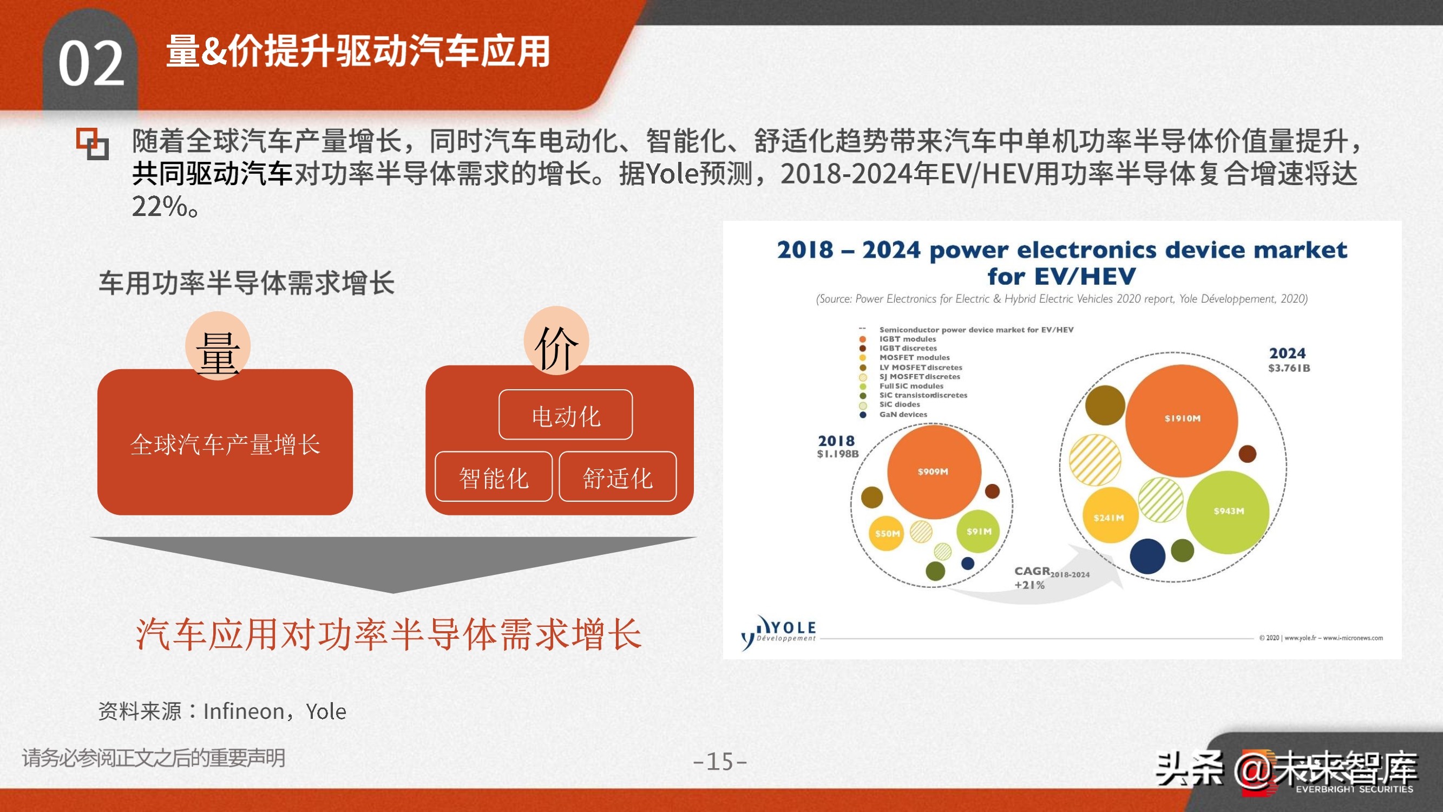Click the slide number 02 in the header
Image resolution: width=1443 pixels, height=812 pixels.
coord(91,63)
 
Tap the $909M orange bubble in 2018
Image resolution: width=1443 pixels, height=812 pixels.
coord(933,472)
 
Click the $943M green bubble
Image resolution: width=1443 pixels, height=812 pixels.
coord(1228,511)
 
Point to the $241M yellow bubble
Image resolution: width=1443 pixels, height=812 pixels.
coord(1109,516)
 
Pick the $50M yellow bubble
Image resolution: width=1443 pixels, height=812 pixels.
coord(887,533)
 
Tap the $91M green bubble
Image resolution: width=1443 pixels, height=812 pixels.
coord(978,531)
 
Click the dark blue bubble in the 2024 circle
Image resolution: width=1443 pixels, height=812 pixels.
coord(1147,556)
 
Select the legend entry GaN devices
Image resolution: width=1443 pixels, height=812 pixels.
coord(902,414)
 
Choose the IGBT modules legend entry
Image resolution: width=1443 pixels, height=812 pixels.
coord(907,338)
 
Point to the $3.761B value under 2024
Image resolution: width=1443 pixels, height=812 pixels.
coord(1289,368)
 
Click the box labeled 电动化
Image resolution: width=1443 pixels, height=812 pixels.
coord(566,416)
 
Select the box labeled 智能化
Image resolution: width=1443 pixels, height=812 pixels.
coord(494,477)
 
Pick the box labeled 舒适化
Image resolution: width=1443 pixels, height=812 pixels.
coord(618,477)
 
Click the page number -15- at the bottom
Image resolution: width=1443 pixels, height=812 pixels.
coord(720,761)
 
